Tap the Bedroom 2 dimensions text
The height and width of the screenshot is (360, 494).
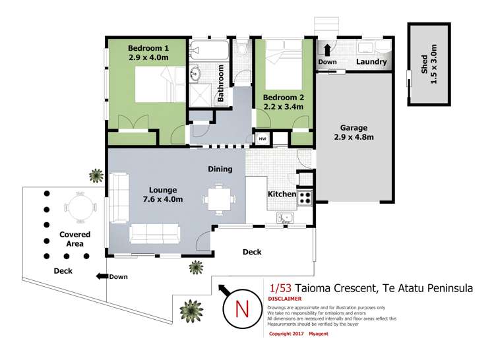284,106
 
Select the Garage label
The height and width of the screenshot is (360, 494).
354,128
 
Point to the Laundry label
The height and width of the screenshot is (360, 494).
370,63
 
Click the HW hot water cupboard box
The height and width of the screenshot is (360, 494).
262,138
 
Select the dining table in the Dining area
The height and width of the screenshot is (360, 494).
218,198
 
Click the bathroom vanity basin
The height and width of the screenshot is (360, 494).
197,73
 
